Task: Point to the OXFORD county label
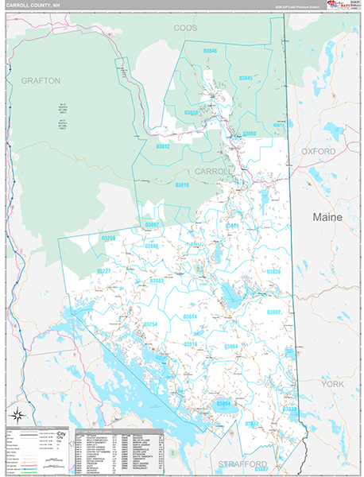point(319,150)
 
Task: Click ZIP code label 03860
point(250,134)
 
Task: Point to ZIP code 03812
point(163,146)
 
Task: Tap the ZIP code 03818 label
point(182,184)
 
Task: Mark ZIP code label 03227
point(103,271)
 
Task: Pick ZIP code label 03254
point(150,324)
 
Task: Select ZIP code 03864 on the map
point(230,347)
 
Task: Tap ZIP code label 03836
point(273,272)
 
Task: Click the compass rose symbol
point(17,413)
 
